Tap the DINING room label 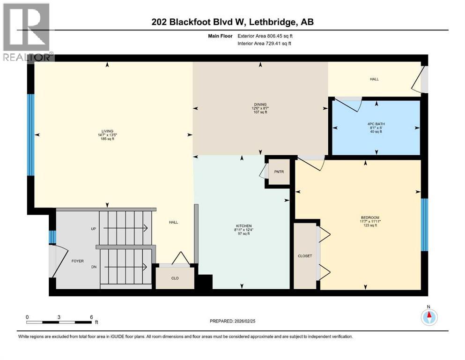(x=260, y=105)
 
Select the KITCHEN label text (x=242, y=225)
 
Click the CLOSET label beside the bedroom (x=304, y=256)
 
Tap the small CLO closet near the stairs (x=175, y=278)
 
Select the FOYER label (x=77, y=260)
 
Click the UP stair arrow (x=125, y=228)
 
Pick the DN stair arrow (x=125, y=267)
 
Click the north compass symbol (x=428, y=317)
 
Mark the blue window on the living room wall (x=31, y=135)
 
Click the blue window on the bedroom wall (x=424, y=225)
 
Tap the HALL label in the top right (x=374, y=79)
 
